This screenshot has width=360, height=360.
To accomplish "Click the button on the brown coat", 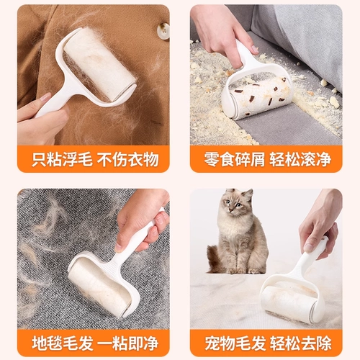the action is click(x=163, y=30).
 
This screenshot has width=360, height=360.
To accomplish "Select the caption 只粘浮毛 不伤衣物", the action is click(x=95, y=159).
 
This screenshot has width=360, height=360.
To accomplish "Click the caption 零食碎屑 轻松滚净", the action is click(x=267, y=159).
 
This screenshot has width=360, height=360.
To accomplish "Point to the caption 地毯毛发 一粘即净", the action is click(x=95, y=343).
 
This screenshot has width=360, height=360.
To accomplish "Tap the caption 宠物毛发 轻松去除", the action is click(x=268, y=343).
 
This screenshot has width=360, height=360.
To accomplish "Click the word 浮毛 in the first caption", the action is click(x=77, y=159).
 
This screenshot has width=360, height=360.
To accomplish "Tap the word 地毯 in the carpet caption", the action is click(x=47, y=343).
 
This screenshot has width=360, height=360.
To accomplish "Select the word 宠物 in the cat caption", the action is click(x=220, y=343).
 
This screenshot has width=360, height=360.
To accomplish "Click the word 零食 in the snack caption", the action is click(x=219, y=159).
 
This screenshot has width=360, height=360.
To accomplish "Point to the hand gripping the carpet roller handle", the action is click(x=142, y=221).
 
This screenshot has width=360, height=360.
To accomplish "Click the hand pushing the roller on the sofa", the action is click(x=223, y=34).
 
